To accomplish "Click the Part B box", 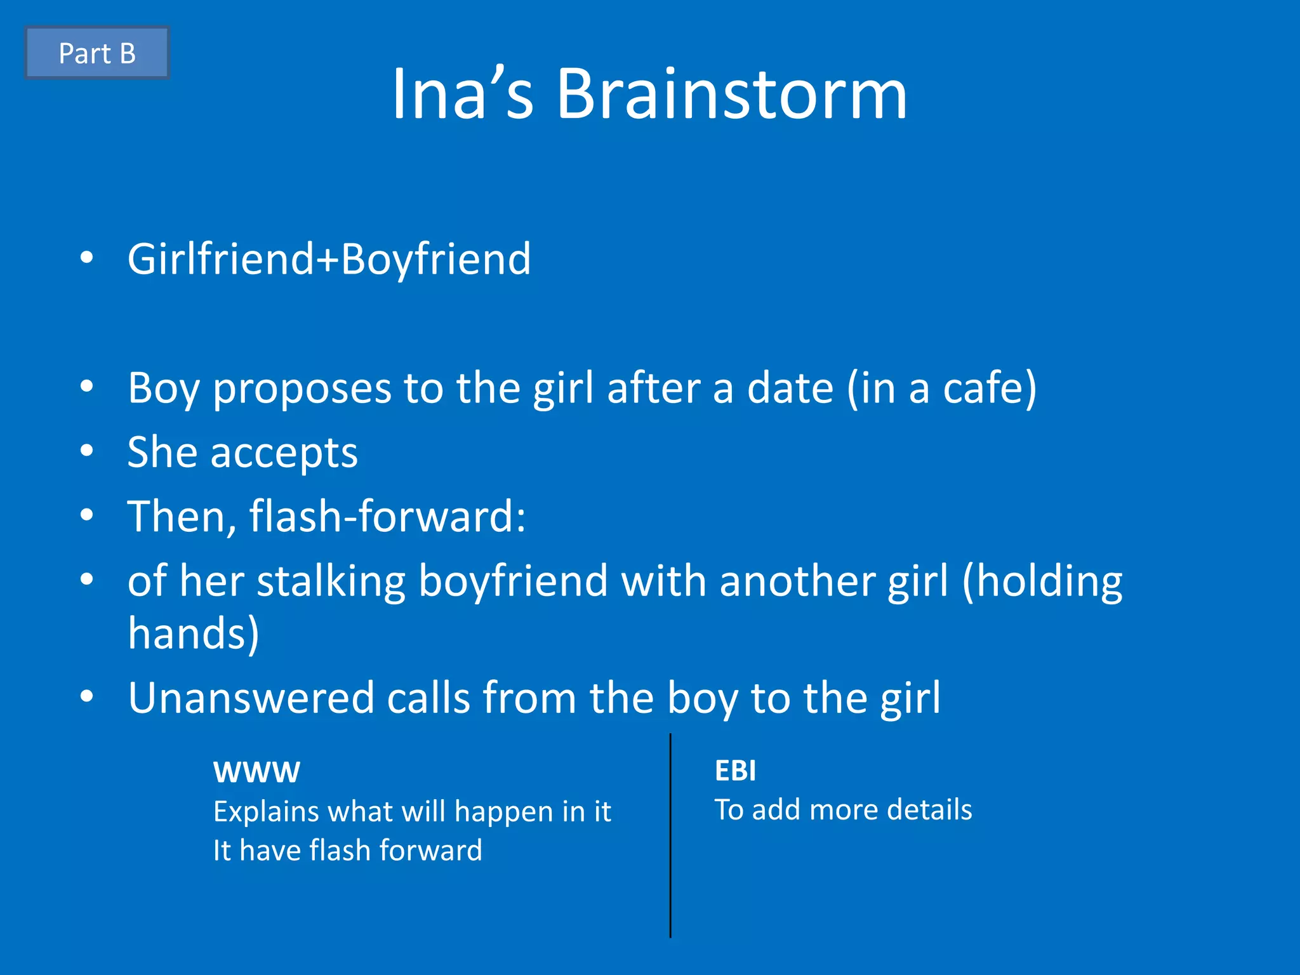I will (x=97, y=53).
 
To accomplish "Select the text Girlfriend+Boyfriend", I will (x=329, y=259).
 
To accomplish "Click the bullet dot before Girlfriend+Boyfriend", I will (x=87, y=258).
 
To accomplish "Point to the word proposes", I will (x=302, y=388).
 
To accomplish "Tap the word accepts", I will (x=284, y=453).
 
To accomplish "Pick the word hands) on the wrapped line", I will (x=194, y=633).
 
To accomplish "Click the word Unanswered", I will (x=251, y=698).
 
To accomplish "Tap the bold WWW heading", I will (x=256, y=773).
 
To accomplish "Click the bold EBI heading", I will (x=735, y=771).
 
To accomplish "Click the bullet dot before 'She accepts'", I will (x=87, y=451).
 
